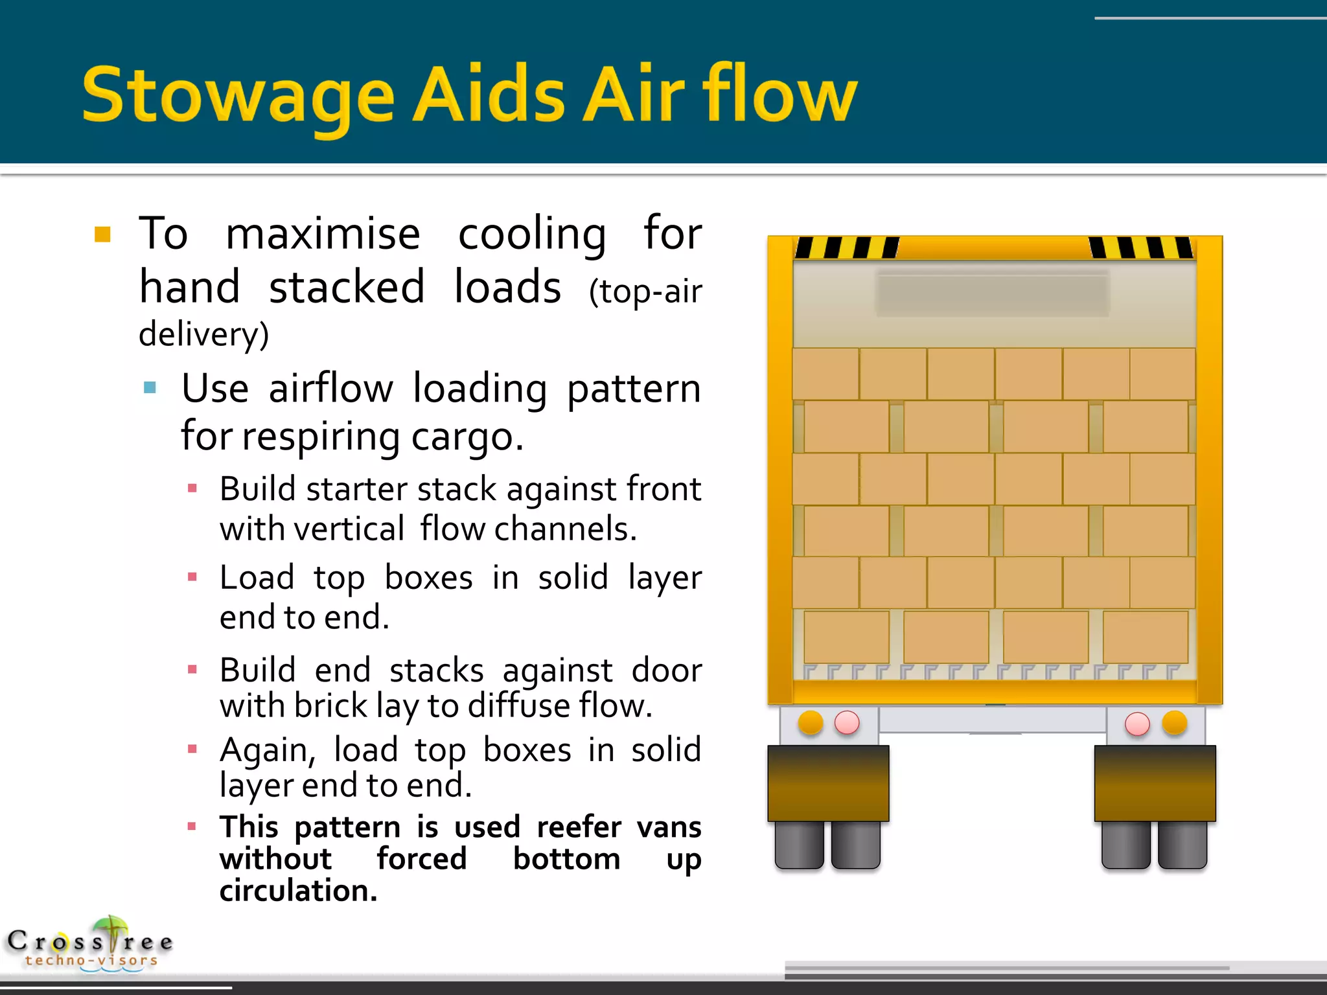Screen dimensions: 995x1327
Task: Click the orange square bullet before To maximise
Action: tap(102, 234)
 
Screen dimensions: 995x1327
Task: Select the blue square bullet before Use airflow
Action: tap(150, 388)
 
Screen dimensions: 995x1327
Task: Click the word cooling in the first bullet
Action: tap(532, 234)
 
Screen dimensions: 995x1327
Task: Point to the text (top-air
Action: tap(645, 292)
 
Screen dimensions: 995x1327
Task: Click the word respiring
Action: tap(321, 437)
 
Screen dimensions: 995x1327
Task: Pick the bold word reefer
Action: tap(579, 827)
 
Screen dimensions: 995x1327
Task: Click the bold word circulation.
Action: tap(298, 891)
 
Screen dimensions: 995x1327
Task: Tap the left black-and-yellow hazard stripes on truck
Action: tap(846, 247)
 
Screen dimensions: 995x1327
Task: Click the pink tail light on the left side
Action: tap(847, 722)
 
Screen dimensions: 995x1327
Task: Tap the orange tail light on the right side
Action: tap(1174, 722)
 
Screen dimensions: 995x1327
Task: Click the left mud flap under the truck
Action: tap(828, 783)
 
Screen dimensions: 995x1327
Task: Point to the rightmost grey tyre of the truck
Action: tap(1183, 845)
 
